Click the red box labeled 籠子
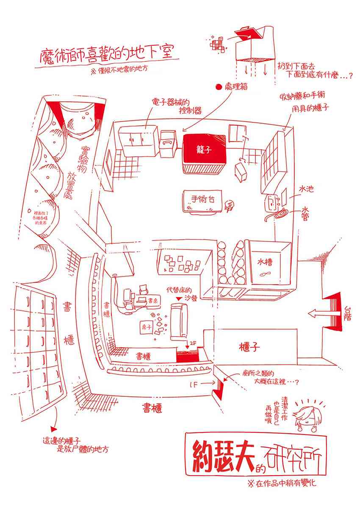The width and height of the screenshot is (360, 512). click(x=204, y=150)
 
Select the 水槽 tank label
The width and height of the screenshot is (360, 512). click(x=265, y=262)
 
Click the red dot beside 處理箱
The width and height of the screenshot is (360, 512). click(x=219, y=87)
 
